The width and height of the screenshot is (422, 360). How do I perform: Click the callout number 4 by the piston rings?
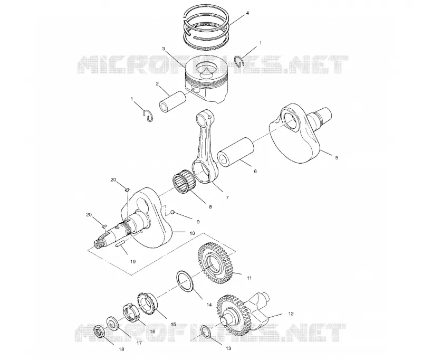(x=247, y=13)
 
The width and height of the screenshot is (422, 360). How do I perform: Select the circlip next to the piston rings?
(x=239, y=61)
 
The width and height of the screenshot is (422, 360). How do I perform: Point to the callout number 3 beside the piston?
(x=164, y=49)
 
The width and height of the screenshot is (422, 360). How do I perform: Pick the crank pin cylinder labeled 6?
(x=236, y=152)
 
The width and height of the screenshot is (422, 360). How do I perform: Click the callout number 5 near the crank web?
(x=337, y=158)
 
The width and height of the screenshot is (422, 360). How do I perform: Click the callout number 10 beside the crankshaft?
(x=192, y=233)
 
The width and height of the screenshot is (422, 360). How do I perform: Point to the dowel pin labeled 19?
(x=120, y=244)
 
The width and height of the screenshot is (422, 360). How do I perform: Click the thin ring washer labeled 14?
(x=186, y=281)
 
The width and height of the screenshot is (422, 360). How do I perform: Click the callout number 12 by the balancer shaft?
(x=291, y=314)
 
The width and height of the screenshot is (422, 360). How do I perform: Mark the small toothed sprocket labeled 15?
(x=147, y=304)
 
